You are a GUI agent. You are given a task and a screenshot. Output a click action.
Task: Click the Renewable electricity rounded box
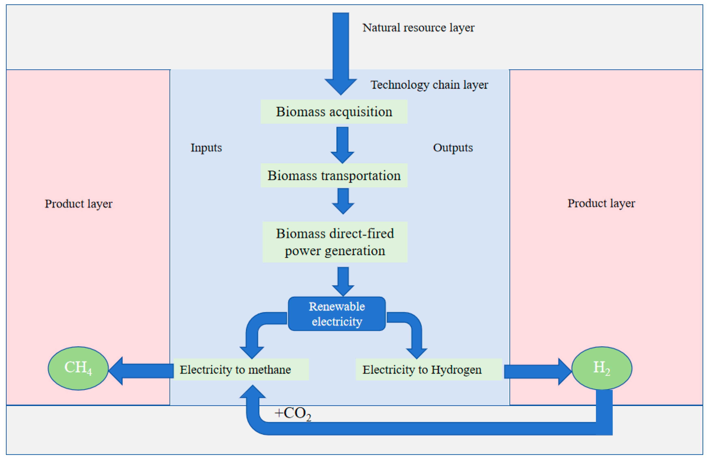[x=337, y=314]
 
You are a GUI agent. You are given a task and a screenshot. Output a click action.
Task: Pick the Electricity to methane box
[x=241, y=369]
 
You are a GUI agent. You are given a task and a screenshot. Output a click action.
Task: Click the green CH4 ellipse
[x=78, y=368]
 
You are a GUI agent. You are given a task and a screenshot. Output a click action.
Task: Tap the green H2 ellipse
[x=602, y=368]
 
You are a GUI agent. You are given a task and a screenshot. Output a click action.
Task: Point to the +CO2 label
[x=293, y=413]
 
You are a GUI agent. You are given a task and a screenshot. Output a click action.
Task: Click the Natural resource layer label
[x=418, y=28]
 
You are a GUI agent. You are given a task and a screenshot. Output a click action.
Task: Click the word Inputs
[x=206, y=148]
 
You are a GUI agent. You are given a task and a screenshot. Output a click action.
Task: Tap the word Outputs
[x=453, y=148]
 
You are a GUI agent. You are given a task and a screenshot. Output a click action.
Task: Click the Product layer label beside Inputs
[x=78, y=204]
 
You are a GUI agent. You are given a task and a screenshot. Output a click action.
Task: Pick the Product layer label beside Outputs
[x=601, y=203]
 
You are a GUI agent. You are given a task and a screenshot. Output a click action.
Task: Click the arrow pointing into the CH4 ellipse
[x=142, y=371]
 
